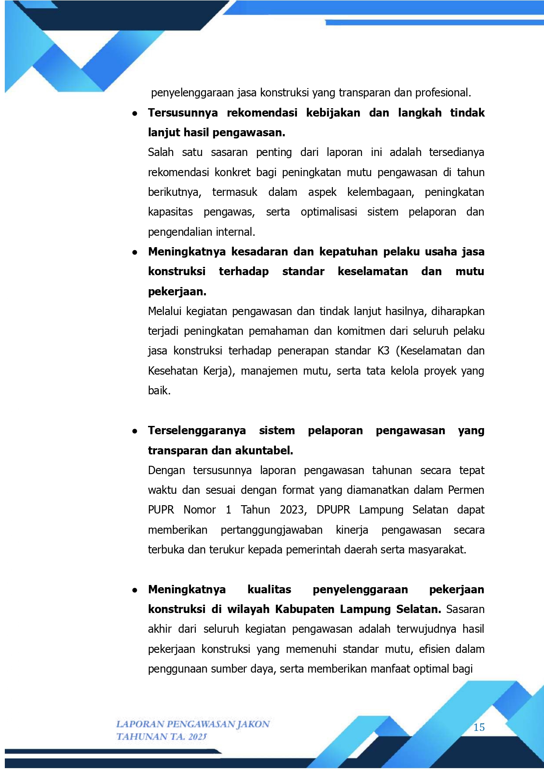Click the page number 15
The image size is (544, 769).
pos(479,727)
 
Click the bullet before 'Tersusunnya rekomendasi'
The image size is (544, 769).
pos(135,113)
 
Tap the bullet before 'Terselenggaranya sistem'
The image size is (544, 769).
pos(135,431)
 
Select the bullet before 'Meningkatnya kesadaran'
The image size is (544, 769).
pos(135,252)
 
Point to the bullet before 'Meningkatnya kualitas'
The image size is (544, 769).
pos(135,590)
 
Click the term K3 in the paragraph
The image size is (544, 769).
pos(383,351)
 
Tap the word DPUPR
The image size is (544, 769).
pos(333,510)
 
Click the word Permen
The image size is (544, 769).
pos(466,490)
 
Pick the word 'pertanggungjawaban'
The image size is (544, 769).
pos(272,530)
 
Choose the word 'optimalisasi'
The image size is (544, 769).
pos(329,212)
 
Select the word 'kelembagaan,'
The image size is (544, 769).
pos(380,192)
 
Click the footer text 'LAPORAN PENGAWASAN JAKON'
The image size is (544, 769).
pos(193,724)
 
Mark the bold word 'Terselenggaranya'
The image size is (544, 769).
pos(197,431)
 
